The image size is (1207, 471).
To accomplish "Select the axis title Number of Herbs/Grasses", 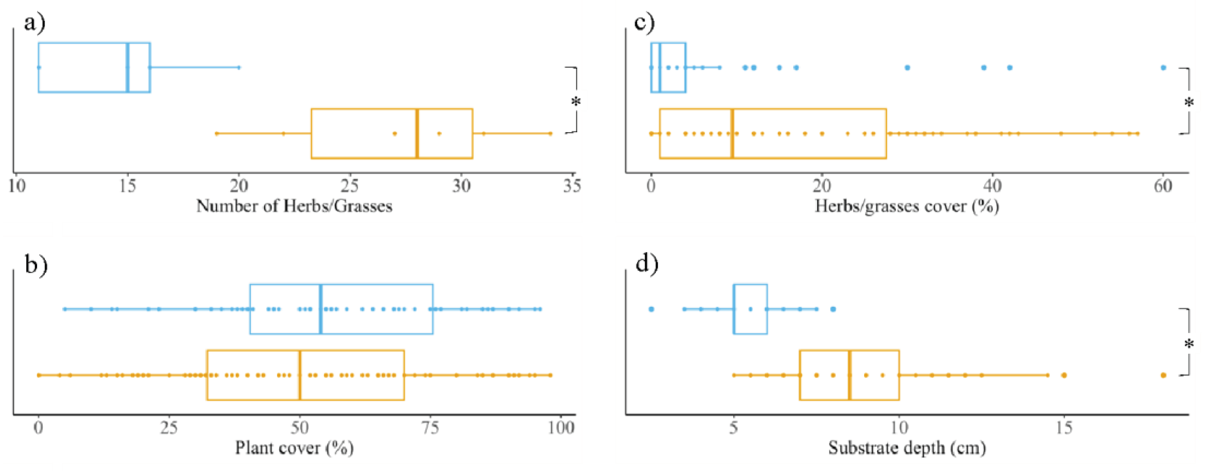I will pyautogui.click(x=294, y=206).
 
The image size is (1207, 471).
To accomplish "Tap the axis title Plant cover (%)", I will pyautogui.click(x=294, y=448).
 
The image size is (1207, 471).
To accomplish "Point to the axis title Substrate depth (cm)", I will pyautogui.click(x=907, y=448).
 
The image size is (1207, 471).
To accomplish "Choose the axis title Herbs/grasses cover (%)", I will pyautogui.click(x=907, y=206).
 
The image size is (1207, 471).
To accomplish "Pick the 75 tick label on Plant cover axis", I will pyautogui.click(x=430, y=428).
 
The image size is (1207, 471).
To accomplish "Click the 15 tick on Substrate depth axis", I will pyautogui.click(x=1064, y=428).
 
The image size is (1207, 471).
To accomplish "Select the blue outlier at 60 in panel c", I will pyautogui.click(x=1163, y=68).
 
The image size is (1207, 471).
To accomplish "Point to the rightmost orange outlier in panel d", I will pyautogui.click(x=1163, y=375).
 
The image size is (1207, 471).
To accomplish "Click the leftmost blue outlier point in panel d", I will pyautogui.click(x=651, y=309).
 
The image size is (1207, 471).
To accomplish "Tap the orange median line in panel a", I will pyautogui.click(x=417, y=133).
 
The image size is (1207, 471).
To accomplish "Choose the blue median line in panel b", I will pyautogui.click(x=321, y=309).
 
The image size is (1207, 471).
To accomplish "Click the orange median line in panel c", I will pyautogui.click(x=732, y=133).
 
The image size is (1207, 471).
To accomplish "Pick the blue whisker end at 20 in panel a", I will pyautogui.click(x=239, y=68).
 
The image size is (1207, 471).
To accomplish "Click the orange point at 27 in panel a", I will pyautogui.click(x=394, y=133).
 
